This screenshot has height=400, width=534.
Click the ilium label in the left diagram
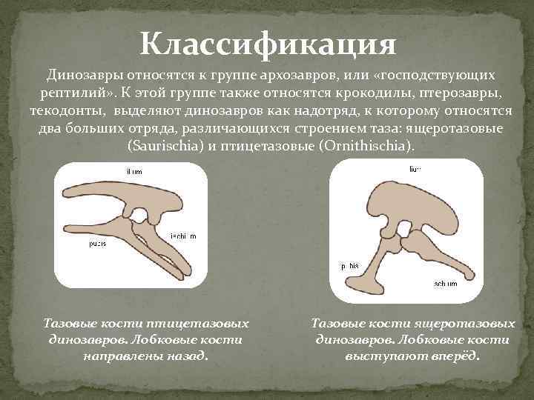(x=134, y=171)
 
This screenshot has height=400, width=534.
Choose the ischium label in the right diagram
(x=446, y=284)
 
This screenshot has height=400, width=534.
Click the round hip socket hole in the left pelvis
(x=139, y=216)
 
